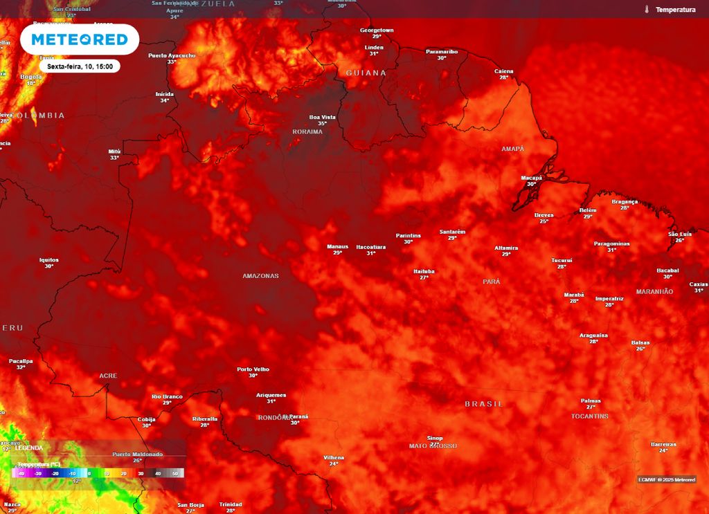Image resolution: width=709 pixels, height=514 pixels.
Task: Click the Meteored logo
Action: (x=79, y=39)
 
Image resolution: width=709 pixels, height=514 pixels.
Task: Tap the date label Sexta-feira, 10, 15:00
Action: (x=79, y=66)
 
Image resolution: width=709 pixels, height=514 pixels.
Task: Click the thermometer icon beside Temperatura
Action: (x=646, y=10)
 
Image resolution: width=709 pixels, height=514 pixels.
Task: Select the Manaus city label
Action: (x=337, y=246)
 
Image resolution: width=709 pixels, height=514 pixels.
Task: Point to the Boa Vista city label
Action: (x=322, y=117)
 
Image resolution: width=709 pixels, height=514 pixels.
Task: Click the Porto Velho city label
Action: (x=253, y=369)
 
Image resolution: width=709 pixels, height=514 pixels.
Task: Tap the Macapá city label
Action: (x=531, y=178)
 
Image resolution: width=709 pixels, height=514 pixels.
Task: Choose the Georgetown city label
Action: (x=377, y=30)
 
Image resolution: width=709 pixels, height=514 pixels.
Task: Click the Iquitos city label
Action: (x=49, y=260)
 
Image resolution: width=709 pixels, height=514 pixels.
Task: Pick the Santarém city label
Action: (x=452, y=232)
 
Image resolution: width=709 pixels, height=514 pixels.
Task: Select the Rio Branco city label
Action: (x=167, y=396)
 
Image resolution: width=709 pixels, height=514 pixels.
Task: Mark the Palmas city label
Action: (x=591, y=401)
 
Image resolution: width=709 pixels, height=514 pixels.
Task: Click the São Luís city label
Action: (x=679, y=234)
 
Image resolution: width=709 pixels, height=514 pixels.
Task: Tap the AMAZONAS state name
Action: (x=260, y=276)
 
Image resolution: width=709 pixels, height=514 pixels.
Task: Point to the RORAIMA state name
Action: (x=307, y=131)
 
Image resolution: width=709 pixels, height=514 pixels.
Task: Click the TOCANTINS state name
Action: (x=590, y=416)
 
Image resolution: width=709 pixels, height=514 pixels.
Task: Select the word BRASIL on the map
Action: (x=484, y=404)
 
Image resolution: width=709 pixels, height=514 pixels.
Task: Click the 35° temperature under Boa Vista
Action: (x=322, y=124)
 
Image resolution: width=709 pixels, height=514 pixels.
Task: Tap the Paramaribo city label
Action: (x=442, y=51)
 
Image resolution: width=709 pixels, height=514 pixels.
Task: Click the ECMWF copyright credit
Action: (x=666, y=479)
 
